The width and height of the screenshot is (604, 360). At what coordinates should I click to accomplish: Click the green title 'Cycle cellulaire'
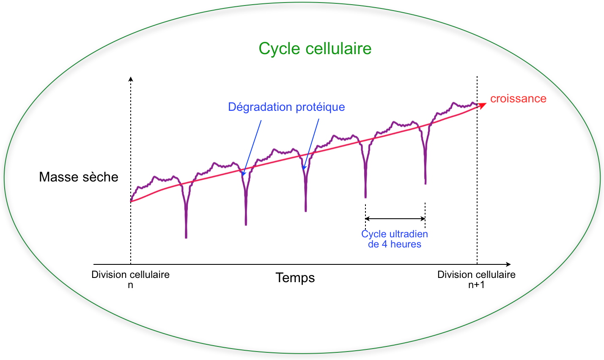(315, 49)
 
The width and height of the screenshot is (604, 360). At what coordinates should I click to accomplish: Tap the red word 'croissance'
(518, 99)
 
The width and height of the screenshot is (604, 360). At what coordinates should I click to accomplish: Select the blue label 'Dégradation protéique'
(286, 107)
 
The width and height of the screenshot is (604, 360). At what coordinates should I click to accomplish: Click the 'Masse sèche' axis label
(79, 177)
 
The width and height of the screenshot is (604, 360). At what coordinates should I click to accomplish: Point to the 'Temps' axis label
(295, 278)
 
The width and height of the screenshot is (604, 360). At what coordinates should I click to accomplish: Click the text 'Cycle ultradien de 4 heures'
(395, 239)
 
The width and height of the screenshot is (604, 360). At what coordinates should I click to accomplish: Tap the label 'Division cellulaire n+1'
(476, 279)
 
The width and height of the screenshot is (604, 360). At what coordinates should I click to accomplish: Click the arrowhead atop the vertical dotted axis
(131, 79)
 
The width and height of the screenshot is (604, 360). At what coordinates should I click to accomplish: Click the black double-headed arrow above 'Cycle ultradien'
(395, 219)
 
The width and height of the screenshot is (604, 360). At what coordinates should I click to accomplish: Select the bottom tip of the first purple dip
(186, 237)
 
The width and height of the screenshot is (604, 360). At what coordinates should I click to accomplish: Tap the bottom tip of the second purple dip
(246, 224)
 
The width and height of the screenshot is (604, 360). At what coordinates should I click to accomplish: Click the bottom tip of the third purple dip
(306, 210)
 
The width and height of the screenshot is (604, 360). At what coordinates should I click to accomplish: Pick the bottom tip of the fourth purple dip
(365, 197)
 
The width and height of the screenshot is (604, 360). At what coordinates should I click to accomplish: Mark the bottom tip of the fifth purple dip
(426, 183)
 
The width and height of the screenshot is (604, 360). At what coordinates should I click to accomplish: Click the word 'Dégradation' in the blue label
(260, 107)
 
